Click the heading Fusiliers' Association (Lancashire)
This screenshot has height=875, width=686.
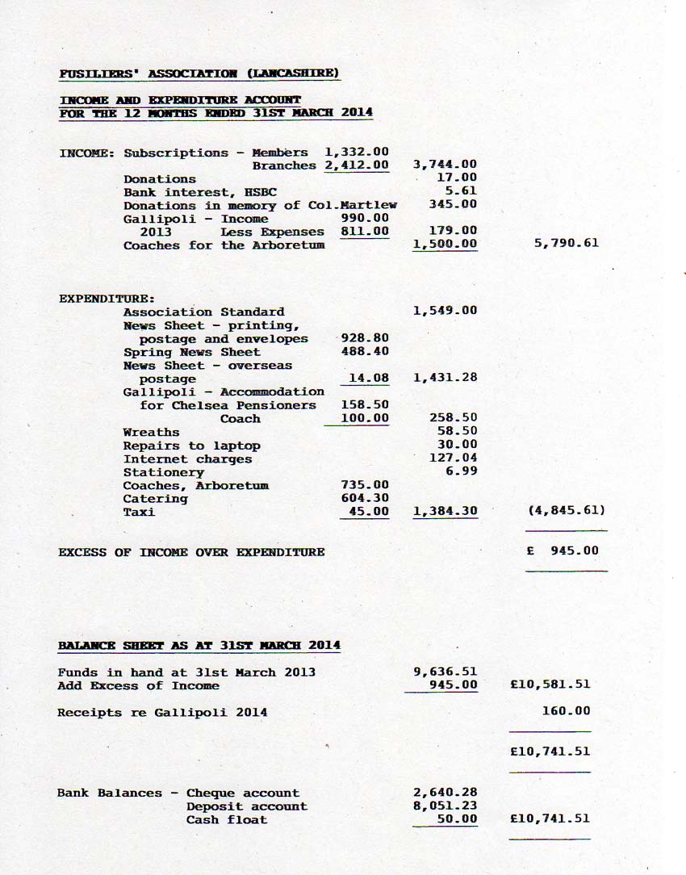(199, 73)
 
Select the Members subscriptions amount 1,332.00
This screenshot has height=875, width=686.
(356, 152)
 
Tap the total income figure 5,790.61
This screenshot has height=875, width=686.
(567, 242)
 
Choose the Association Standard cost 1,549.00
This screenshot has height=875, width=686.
(445, 311)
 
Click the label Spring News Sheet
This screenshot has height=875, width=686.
(192, 352)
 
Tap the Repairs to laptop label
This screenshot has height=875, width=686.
(191, 446)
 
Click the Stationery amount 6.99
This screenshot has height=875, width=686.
(461, 471)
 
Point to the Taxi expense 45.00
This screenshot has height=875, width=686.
(369, 512)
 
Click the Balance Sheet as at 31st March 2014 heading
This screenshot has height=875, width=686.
(199, 646)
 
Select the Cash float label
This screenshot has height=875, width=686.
(227, 819)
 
